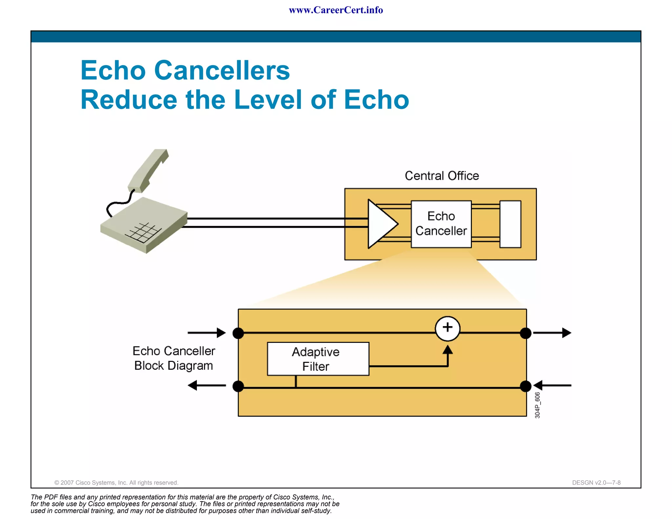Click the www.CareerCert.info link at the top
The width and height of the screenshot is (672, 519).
(336, 10)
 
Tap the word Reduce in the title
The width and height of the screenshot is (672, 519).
(129, 100)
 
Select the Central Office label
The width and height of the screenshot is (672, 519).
(442, 176)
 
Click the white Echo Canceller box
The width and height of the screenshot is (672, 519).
(441, 224)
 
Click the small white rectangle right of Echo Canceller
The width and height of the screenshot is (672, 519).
(510, 224)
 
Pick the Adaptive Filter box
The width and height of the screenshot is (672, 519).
(318, 359)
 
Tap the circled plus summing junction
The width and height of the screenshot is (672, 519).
(448, 328)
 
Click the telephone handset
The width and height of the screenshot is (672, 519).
(148, 171)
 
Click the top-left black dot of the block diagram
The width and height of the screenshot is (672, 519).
(238, 333)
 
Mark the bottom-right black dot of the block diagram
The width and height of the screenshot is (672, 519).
(526, 386)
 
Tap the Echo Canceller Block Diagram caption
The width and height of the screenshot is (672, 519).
(174, 358)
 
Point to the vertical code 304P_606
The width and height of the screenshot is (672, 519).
(537, 405)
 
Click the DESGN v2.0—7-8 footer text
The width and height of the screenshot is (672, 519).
(596, 483)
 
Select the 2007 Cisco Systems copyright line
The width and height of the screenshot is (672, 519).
(116, 483)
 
